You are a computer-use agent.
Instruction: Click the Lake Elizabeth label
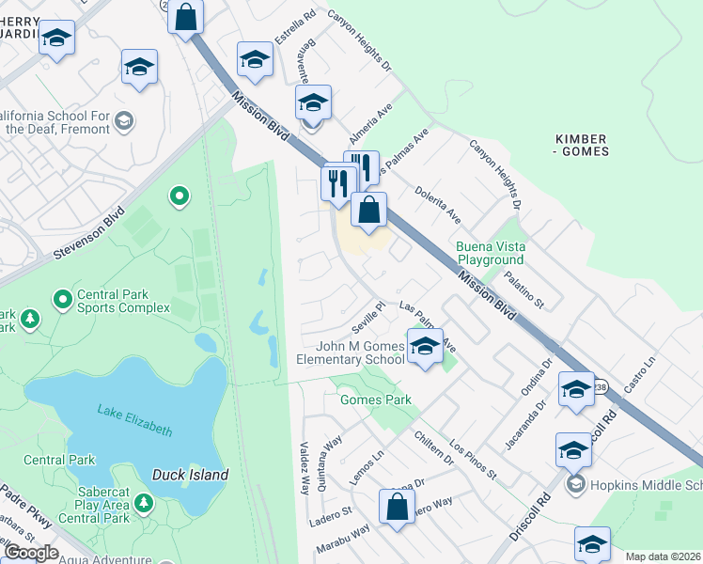[135, 419]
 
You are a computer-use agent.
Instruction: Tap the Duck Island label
[191, 475]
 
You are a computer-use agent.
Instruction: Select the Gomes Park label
[375, 399]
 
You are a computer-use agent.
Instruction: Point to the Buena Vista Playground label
[502, 253]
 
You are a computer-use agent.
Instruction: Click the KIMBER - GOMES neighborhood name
[580, 144]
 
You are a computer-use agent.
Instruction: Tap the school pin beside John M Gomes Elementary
[425, 347]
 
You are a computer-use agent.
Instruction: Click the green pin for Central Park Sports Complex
[63, 300]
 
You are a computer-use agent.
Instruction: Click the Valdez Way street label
[304, 467]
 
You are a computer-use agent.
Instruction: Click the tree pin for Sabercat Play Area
[143, 503]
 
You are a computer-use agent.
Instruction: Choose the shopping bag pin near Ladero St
[397, 507]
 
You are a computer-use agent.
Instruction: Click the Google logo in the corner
[30, 553]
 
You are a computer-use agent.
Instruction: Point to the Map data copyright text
[663, 556]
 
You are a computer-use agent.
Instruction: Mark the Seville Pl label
[369, 316]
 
